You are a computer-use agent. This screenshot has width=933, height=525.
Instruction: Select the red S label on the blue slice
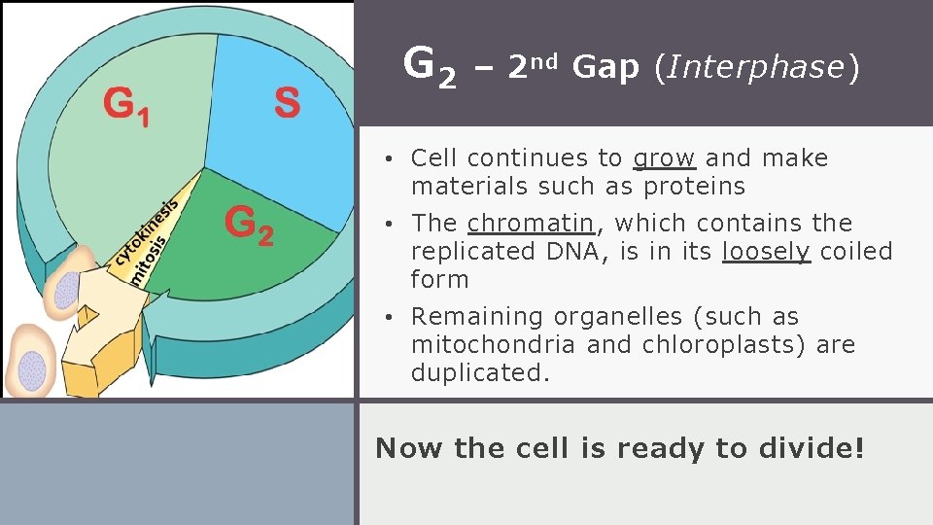click(287, 102)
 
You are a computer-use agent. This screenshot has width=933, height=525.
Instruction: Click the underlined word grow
click(664, 157)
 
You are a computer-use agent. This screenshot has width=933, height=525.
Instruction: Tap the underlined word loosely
click(766, 251)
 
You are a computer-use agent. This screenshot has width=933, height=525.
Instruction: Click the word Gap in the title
click(605, 67)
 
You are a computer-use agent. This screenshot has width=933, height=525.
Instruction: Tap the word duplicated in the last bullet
click(480, 372)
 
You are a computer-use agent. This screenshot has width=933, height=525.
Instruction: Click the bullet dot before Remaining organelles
click(387, 317)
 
